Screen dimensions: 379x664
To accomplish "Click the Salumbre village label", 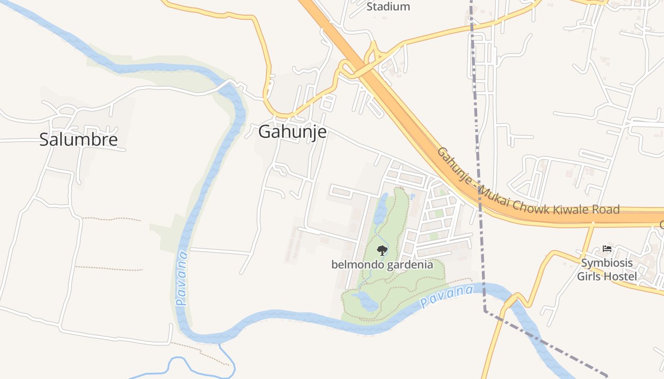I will (78, 139).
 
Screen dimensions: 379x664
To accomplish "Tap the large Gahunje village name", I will (292, 132).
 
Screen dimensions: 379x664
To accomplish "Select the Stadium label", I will (388, 7).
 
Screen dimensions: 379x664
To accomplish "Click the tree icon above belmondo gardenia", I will (382, 250).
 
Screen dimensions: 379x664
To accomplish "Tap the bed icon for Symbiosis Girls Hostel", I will (607, 248).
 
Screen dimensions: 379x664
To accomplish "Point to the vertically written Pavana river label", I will (182, 279).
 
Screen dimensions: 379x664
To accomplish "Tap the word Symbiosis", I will (607, 263).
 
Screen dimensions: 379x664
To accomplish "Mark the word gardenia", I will (410, 264).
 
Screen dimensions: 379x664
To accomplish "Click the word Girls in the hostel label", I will (590, 276).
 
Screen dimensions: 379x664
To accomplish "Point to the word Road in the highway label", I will (605, 209).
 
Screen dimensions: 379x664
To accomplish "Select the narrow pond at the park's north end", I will (382, 208).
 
